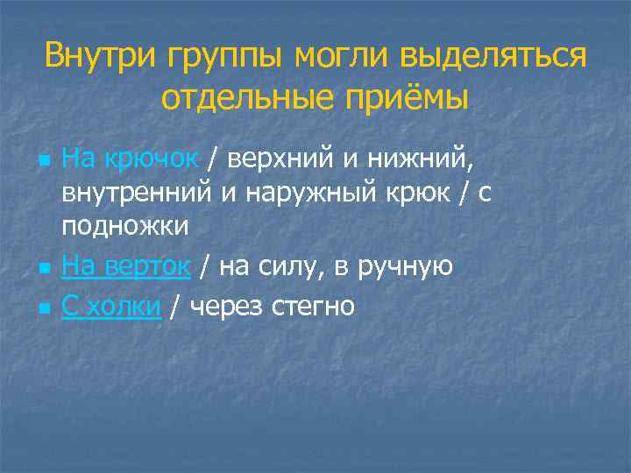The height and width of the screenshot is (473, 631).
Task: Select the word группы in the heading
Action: point(221,58)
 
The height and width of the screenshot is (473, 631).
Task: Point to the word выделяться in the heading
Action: point(494,58)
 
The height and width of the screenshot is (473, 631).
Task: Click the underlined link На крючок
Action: point(131,159)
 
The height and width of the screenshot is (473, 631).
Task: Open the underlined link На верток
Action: point(126,266)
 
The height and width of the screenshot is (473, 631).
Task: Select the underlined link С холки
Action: point(112,306)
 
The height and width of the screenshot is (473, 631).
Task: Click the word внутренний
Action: point(138,193)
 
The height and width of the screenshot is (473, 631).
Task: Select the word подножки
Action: point(124,226)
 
